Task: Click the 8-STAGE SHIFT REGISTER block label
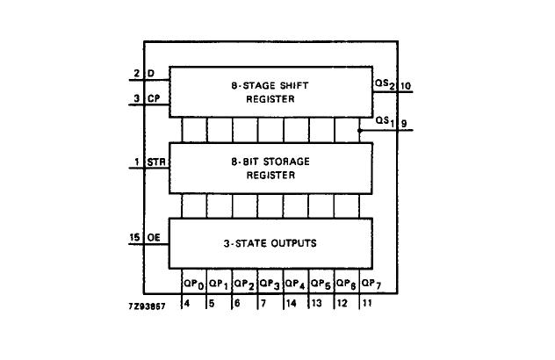pos(270,92)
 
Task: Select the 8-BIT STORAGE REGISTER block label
pos(270,169)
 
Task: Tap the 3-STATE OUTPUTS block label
pos(270,242)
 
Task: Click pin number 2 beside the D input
pos(138,73)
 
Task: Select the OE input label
pos(153,236)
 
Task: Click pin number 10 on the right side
pos(407,86)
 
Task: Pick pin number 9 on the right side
pos(404,124)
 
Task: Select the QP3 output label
pos(270,284)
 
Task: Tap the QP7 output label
pos(372,284)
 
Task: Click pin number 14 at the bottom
pos(290,303)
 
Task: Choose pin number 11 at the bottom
pos(366,303)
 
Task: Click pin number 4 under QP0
pos(186,303)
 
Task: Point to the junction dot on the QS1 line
pos(360,130)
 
